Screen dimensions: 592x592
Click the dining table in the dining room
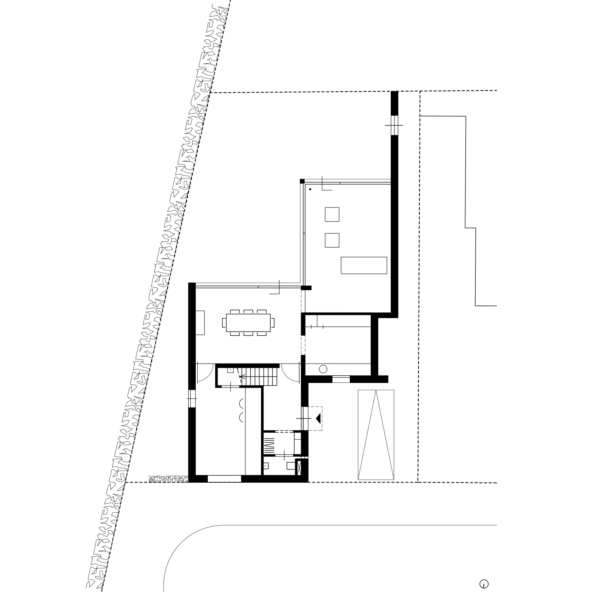click(x=248, y=323)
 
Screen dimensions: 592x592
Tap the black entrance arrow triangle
click(x=318, y=418)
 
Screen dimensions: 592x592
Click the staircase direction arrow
click(x=242, y=377)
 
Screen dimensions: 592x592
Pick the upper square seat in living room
click(x=332, y=214)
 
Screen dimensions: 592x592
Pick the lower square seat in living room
click(x=332, y=240)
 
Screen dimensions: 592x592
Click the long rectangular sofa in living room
click(x=364, y=265)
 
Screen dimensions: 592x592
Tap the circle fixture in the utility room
click(x=323, y=369)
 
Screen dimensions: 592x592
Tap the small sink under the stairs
click(x=230, y=371)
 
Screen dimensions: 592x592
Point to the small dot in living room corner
click(x=310, y=189)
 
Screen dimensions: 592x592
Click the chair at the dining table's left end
click(x=224, y=323)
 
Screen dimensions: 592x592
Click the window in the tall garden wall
click(x=394, y=125)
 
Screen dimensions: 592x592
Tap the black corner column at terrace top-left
click(x=302, y=181)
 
